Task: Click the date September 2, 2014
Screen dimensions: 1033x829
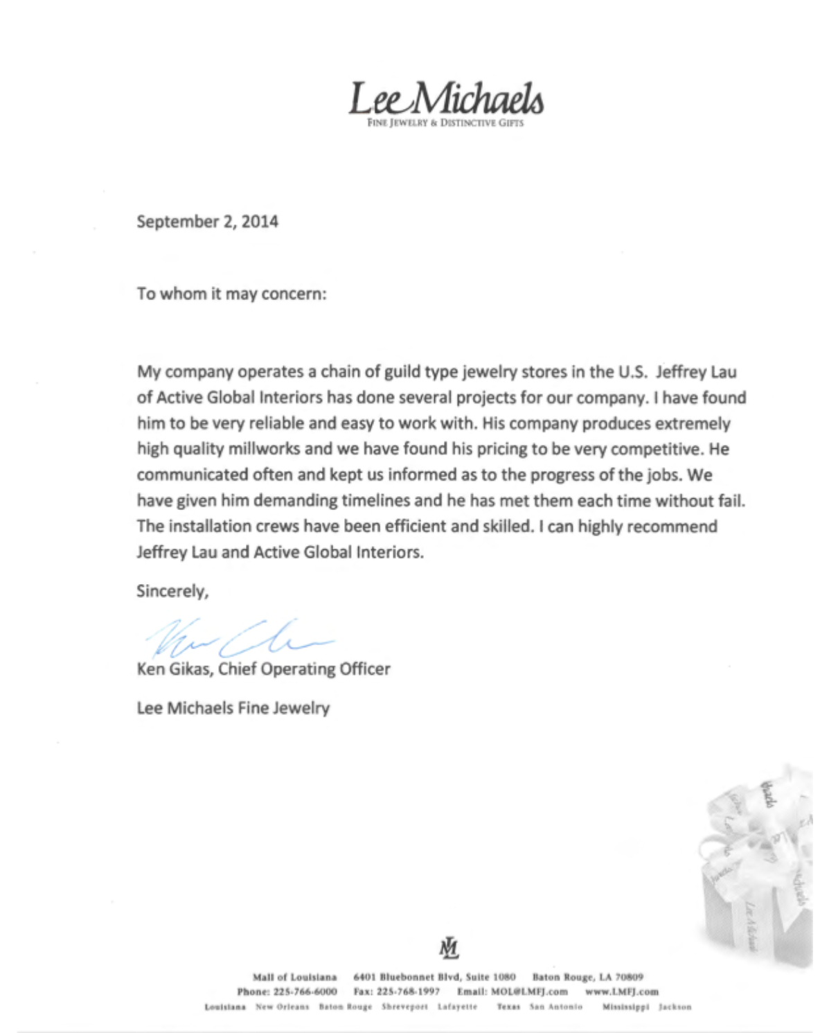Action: point(207,222)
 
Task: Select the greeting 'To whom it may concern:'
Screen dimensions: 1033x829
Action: point(231,294)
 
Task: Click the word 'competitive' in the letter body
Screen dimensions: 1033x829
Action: point(658,449)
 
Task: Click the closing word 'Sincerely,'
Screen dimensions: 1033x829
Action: point(172,591)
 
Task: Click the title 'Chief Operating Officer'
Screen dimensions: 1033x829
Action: point(304,669)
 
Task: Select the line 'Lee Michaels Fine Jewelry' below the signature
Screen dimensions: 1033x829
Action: point(233,708)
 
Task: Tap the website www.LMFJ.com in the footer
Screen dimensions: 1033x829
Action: point(621,991)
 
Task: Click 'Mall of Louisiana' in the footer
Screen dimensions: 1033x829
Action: point(294,977)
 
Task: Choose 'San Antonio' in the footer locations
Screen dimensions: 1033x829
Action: point(556,1007)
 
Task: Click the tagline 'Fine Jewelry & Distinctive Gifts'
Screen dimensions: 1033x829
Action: point(445,123)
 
